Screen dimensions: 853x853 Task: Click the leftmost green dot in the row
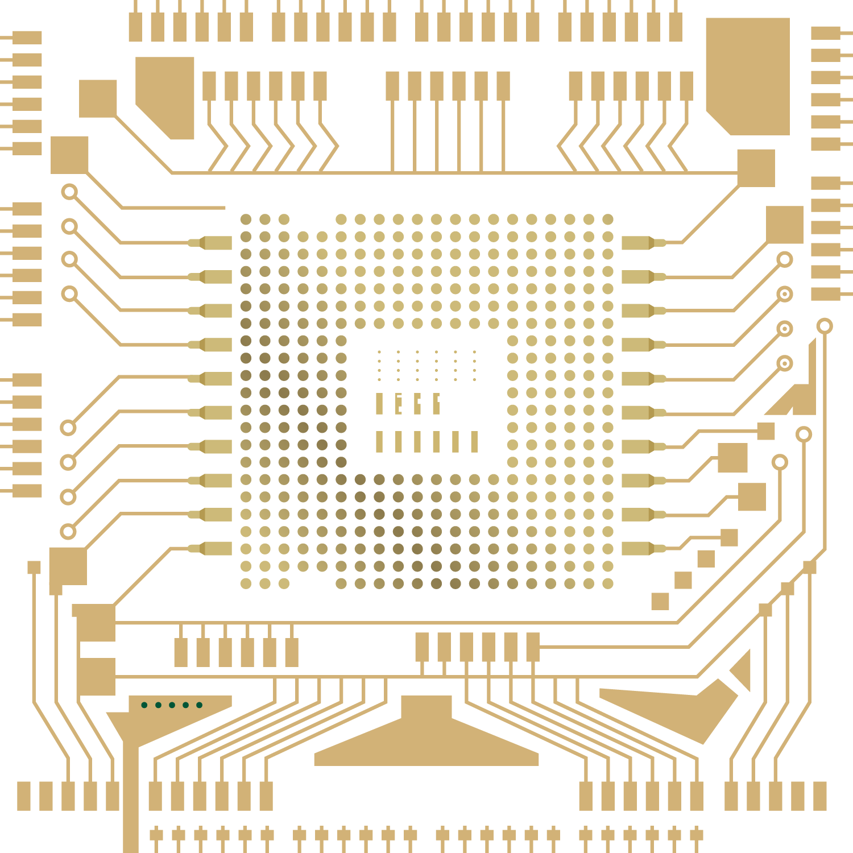point(144,705)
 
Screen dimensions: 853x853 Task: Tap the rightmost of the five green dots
point(200,705)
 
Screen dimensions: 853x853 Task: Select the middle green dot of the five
point(172,705)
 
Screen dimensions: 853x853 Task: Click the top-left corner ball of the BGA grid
point(246,220)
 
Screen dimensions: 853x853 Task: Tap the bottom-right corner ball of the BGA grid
point(608,583)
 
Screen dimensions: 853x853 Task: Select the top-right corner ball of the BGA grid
point(608,220)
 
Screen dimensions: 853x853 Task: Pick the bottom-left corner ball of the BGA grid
point(246,583)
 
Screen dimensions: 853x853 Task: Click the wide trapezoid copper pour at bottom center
point(426,739)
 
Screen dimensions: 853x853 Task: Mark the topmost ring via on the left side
point(69,192)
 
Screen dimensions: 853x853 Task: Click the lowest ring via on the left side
point(68,532)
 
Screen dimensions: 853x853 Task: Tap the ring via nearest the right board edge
point(825,326)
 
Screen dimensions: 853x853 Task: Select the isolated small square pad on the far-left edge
point(34,568)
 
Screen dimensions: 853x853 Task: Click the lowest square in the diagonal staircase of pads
point(660,601)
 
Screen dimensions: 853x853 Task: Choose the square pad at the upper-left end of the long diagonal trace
point(98,98)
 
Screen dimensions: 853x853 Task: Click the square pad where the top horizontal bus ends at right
point(756,168)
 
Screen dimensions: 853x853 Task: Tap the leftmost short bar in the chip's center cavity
point(379,404)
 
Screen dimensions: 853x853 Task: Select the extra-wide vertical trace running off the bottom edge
point(131,796)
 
